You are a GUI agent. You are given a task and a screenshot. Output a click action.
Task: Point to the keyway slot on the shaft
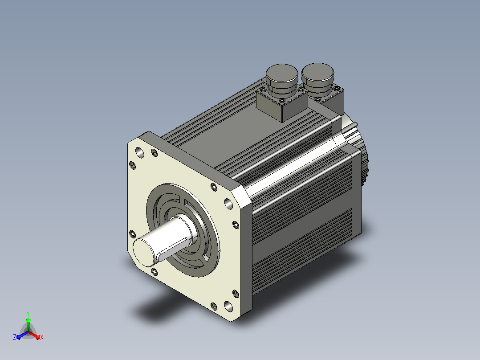point(171,247)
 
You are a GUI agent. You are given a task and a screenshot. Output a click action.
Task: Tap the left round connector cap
point(282,74)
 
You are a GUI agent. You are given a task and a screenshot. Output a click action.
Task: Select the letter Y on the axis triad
point(28,313)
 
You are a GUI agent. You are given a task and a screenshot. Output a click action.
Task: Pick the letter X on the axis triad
point(42,337)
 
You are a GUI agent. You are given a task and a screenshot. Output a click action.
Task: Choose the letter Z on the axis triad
point(15,337)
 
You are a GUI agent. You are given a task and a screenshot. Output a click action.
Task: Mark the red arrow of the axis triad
point(34,335)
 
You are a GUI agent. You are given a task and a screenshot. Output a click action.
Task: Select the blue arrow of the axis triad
point(22,335)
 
